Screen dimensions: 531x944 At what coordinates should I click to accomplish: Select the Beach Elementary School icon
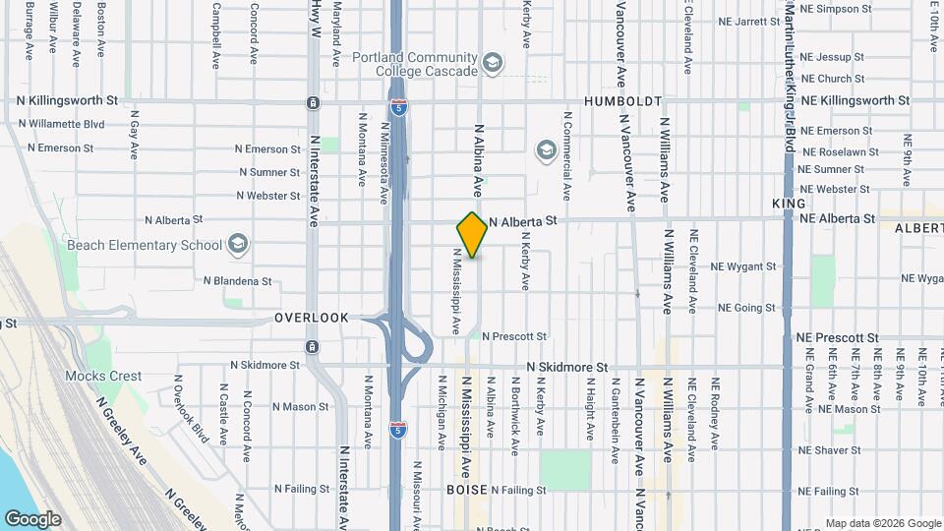tap(237, 244)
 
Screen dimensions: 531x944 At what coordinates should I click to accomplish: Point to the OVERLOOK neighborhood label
tap(312, 318)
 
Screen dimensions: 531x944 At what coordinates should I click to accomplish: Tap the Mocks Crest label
tap(103, 376)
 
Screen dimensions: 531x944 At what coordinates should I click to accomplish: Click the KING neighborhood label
tap(789, 203)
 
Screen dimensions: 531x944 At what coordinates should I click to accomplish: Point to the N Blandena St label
tap(237, 280)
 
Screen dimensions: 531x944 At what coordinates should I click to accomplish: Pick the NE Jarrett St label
tap(748, 21)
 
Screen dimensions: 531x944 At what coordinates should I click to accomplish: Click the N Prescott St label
tap(513, 336)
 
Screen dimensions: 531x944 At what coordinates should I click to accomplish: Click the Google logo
tap(32, 519)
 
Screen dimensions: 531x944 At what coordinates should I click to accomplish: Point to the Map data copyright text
tap(883, 523)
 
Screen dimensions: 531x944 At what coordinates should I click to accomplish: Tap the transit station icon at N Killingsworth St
tap(313, 103)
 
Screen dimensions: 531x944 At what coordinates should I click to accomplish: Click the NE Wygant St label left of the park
tap(743, 266)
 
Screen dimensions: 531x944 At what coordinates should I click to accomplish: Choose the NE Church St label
tap(833, 79)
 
